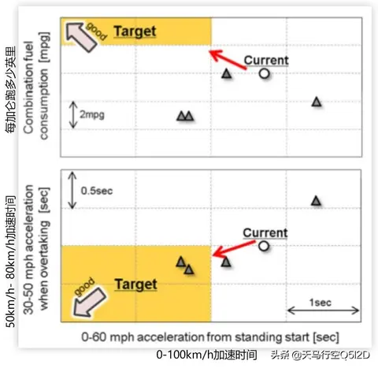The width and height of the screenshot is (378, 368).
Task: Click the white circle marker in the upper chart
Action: point(265,73)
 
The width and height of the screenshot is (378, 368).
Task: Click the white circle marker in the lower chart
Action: point(264,246)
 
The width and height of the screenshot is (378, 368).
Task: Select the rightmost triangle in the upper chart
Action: point(317,102)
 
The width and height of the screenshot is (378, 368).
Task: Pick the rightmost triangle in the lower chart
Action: point(316,201)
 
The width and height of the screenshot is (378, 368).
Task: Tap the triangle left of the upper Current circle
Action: point(227,73)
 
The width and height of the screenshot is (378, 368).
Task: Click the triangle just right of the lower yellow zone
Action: point(226,262)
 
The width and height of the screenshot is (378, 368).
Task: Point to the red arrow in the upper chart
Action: point(228,60)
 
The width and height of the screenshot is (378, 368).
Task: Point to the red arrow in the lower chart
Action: point(234,248)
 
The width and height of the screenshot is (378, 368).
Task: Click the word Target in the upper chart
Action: point(135,32)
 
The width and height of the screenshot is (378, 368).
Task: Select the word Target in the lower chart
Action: point(136,284)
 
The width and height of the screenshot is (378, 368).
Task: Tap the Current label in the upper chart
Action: point(266,61)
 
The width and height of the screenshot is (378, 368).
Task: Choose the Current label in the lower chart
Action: point(265,233)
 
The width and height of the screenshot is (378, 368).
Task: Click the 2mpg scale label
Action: point(92,115)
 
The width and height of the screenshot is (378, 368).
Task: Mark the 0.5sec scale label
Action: point(97,191)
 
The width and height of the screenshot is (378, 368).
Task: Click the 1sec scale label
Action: point(321,303)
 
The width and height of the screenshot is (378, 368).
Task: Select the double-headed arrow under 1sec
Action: point(324,310)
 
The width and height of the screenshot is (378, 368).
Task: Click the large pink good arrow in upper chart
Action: point(80,37)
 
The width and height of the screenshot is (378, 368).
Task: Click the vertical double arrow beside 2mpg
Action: point(73,115)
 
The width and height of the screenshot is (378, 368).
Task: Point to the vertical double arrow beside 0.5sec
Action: point(72,190)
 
